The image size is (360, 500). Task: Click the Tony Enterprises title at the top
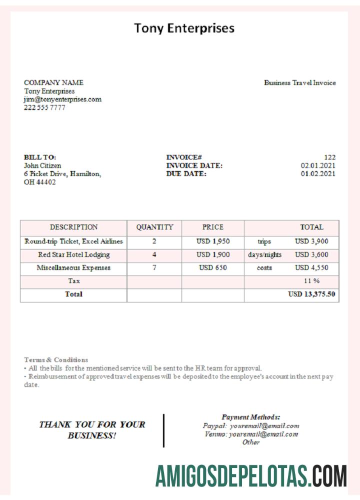(x=184, y=28)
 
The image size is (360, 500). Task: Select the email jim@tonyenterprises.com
(x=62, y=99)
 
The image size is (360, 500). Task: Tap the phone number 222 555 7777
(x=44, y=107)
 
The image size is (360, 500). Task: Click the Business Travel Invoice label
(x=300, y=83)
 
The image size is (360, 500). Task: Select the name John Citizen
(x=42, y=165)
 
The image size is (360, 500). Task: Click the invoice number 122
(x=329, y=157)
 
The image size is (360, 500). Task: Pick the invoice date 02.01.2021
(x=318, y=165)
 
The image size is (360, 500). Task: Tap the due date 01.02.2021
(x=318, y=174)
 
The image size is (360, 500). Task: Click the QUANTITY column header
(x=154, y=227)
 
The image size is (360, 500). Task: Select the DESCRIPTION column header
(x=73, y=227)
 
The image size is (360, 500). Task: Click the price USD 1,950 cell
(x=213, y=241)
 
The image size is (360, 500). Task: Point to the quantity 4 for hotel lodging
(x=154, y=254)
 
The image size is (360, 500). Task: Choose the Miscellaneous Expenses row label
(x=73, y=267)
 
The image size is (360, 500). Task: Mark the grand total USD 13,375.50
(x=311, y=294)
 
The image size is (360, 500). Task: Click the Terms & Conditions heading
(x=56, y=359)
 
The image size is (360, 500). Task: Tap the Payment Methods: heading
(x=250, y=417)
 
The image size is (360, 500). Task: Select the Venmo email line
(x=251, y=434)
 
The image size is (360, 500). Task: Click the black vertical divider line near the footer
(x=163, y=430)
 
